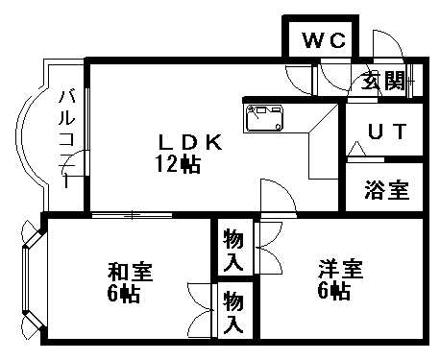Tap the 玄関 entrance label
tap(381, 81)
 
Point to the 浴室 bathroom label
tap(385, 190)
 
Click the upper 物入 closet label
tap(232, 248)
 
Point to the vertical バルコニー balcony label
tap(65, 134)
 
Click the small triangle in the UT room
tap(357, 148)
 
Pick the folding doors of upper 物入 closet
tap(265, 247)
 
